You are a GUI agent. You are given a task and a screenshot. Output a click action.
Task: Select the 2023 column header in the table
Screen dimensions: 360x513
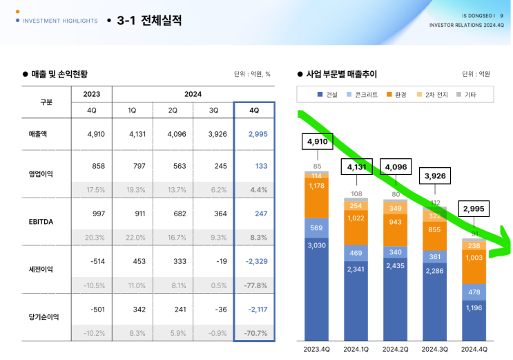tap(91, 94)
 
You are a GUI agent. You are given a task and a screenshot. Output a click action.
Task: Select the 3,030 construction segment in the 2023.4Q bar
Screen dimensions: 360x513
tap(317, 244)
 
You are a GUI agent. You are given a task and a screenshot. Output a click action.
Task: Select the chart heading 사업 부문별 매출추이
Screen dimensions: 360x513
tap(341, 74)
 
